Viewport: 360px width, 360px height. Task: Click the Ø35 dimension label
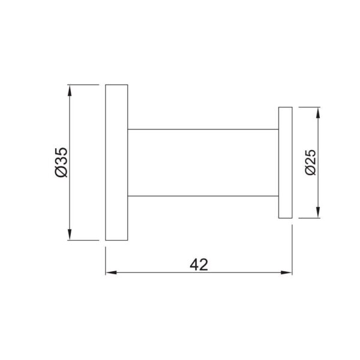pyautogui.click(x=62, y=163)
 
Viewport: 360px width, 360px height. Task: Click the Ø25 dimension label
pyautogui.click(x=311, y=163)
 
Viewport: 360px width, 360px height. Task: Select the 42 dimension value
pyautogui.click(x=199, y=265)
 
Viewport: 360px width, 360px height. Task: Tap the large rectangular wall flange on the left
pyautogui.click(x=116, y=163)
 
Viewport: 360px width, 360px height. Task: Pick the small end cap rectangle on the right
pyautogui.click(x=285, y=163)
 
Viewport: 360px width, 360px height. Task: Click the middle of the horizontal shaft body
pyautogui.click(x=203, y=163)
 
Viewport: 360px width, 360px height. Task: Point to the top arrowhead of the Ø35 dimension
pyautogui.click(x=70, y=90)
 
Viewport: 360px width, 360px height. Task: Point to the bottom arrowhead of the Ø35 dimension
pyautogui.click(x=70, y=235)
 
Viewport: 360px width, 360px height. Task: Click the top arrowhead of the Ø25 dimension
pyautogui.click(x=318, y=113)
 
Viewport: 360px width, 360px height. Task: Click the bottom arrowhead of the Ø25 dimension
pyautogui.click(x=318, y=212)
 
